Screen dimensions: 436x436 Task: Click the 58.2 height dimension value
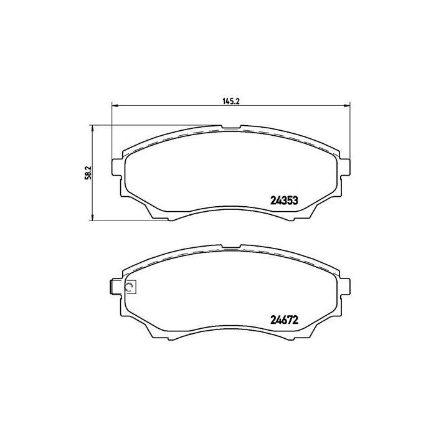tap(88, 173)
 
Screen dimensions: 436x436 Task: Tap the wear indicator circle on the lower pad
tap(130, 287)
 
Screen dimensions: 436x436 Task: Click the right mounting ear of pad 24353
tap(344, 168)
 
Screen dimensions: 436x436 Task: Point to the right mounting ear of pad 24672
tap(344, 283)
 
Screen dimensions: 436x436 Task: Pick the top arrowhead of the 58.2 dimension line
tap(92, 128)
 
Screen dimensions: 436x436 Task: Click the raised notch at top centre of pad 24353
tap(230, 128)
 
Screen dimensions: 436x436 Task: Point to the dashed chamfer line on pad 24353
tap(187, 136)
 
